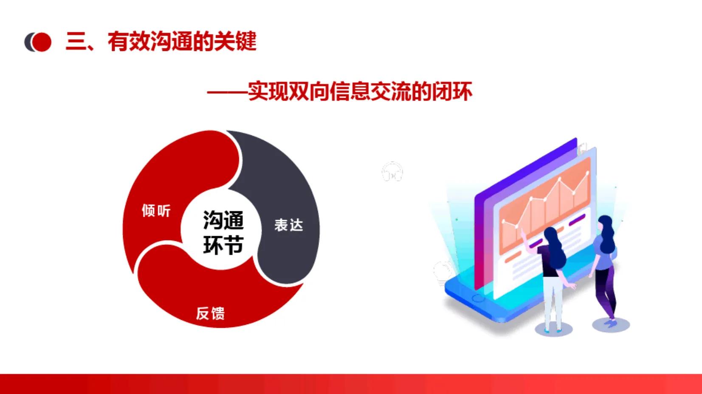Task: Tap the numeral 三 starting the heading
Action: click(x=76, y=42)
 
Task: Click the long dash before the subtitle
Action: click(x=227, y=91)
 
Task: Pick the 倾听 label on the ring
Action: click(x=156, y=210)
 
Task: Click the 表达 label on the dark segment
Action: click(x=288, y=225)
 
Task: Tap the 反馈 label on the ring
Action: click(x=210, y=313)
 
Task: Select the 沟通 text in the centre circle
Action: click(x=223, y=220)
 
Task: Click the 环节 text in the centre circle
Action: click(x=223, y=245)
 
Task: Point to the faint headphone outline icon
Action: click(x=392, y=172)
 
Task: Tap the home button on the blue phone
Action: click(x=478, y=298)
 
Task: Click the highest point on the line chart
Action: click(x=588, y=173)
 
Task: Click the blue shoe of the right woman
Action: click(x=611, y=323)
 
